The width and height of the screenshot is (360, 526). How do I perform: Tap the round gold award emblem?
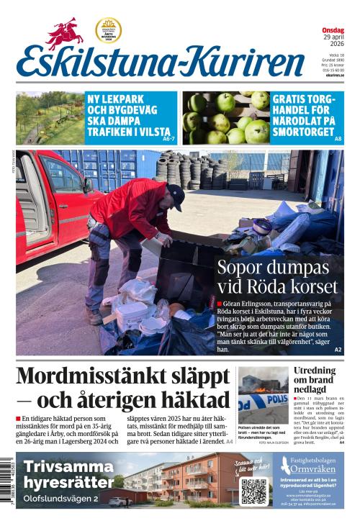[108, 30]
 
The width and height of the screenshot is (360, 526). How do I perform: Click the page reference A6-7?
[169, 138]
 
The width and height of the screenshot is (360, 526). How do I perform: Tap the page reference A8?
[338, 138]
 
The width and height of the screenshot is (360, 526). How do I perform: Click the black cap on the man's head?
[176, 195]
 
